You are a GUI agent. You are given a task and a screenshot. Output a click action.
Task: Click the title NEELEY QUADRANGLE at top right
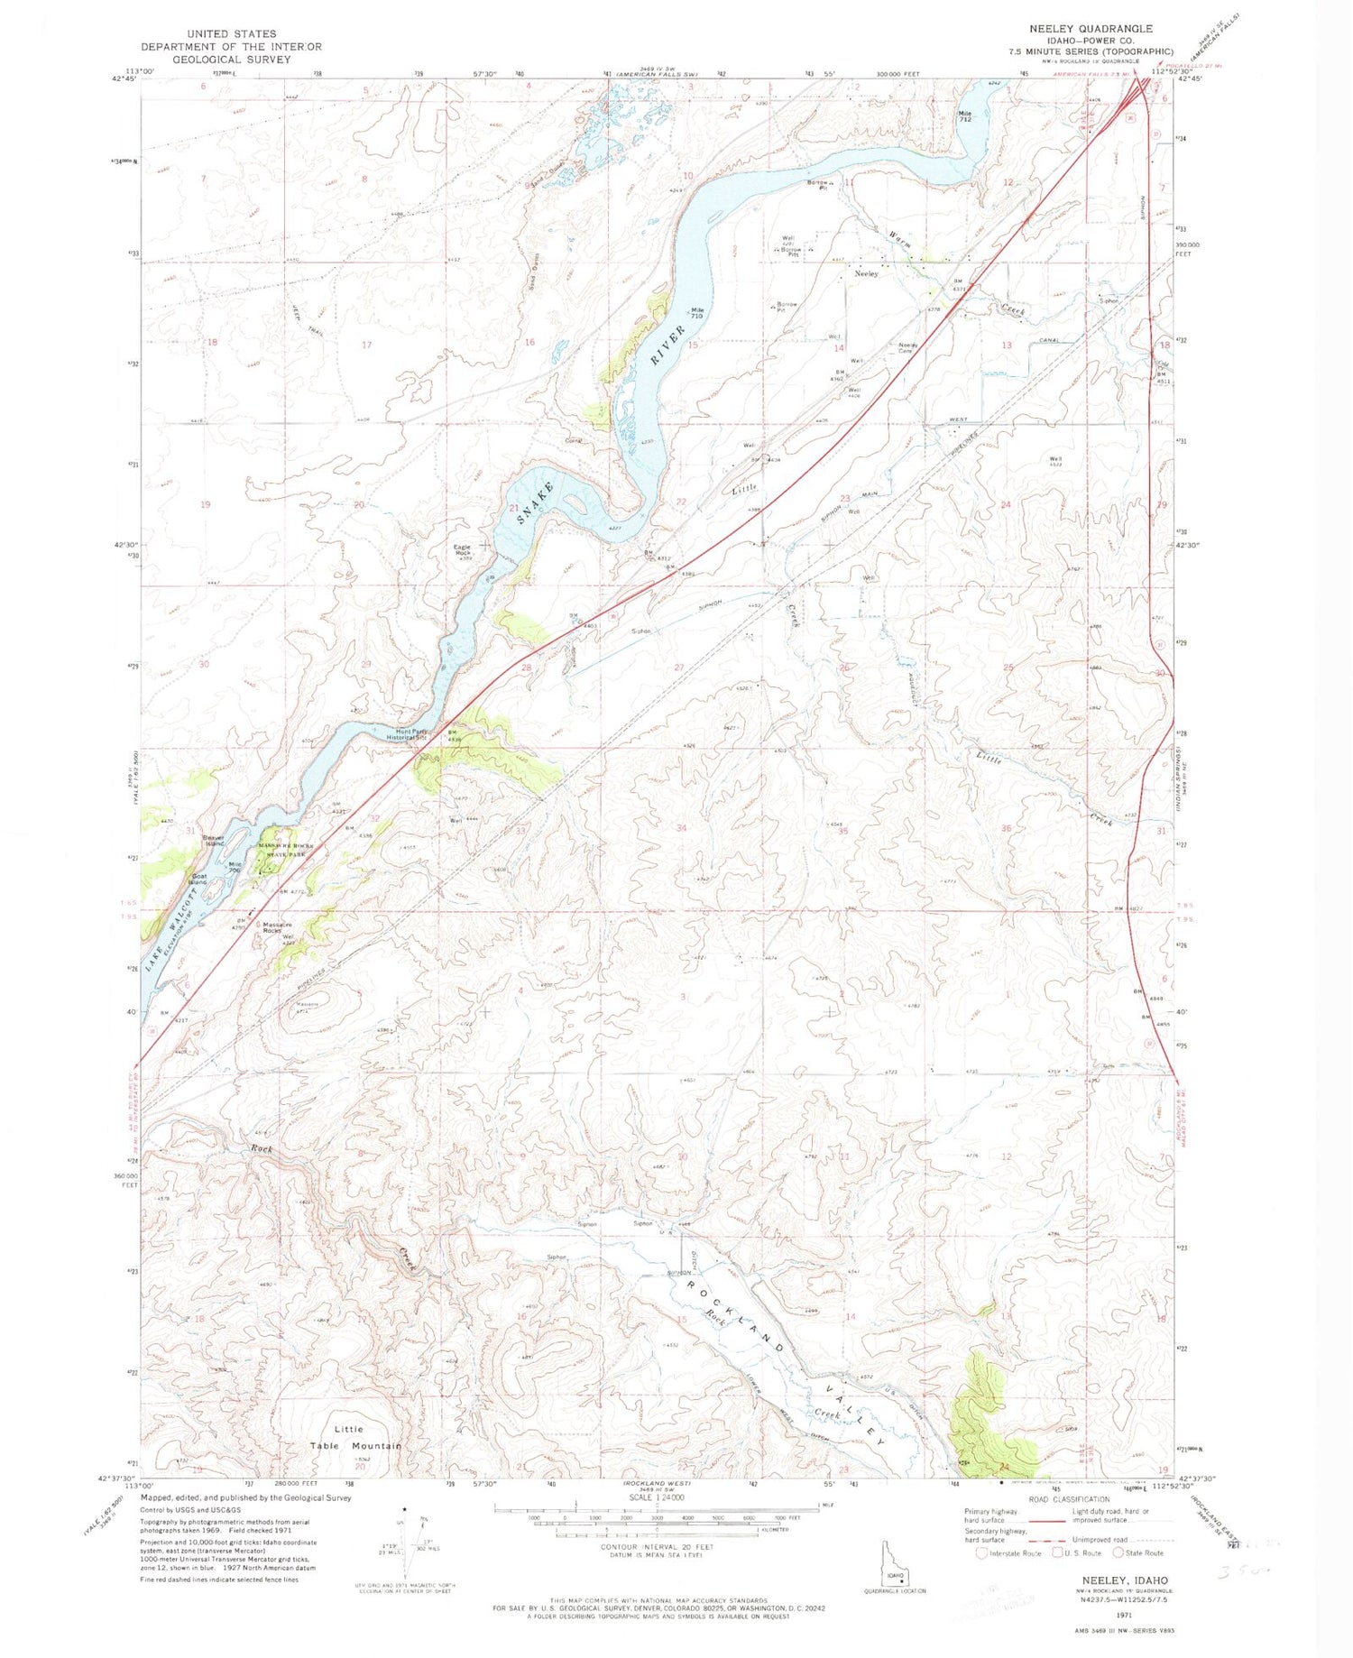(x=1091, y=29)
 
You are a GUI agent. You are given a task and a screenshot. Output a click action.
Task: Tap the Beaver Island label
(x=214, y=840)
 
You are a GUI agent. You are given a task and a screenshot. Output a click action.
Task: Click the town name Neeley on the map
(x=867, y=273)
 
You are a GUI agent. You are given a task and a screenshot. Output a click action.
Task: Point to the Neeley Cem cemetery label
(x=907, y=348)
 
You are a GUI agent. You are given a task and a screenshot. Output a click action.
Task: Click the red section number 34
(x=682, y=827)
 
